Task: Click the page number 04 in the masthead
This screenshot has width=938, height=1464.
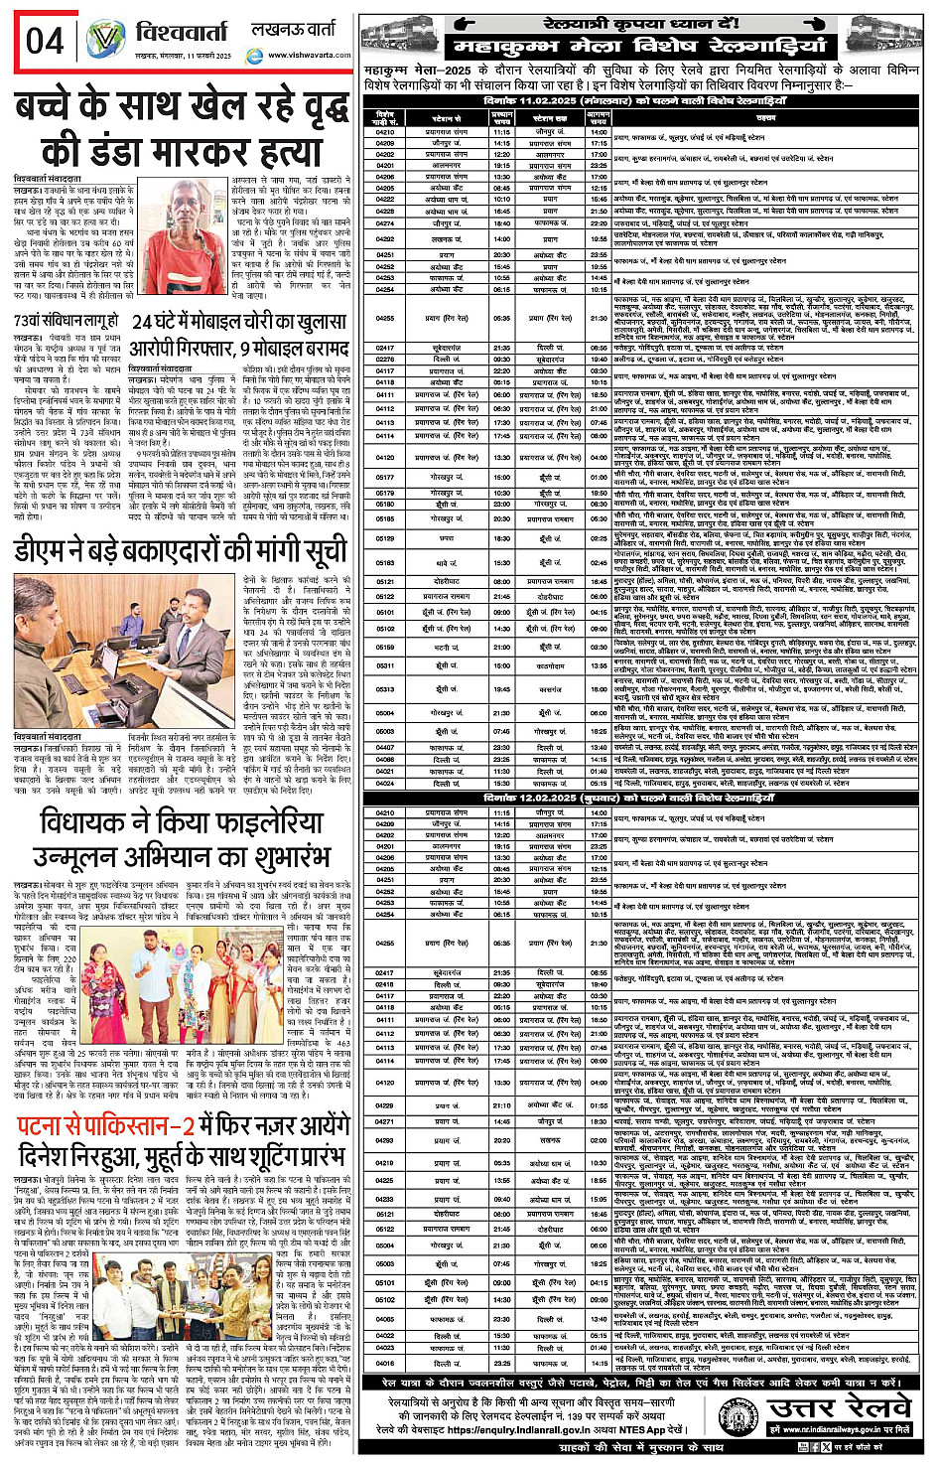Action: point(46,41)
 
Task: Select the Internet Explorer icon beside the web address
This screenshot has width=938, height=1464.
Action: point(253,55)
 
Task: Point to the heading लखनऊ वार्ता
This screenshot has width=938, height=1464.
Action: point(294,31)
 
